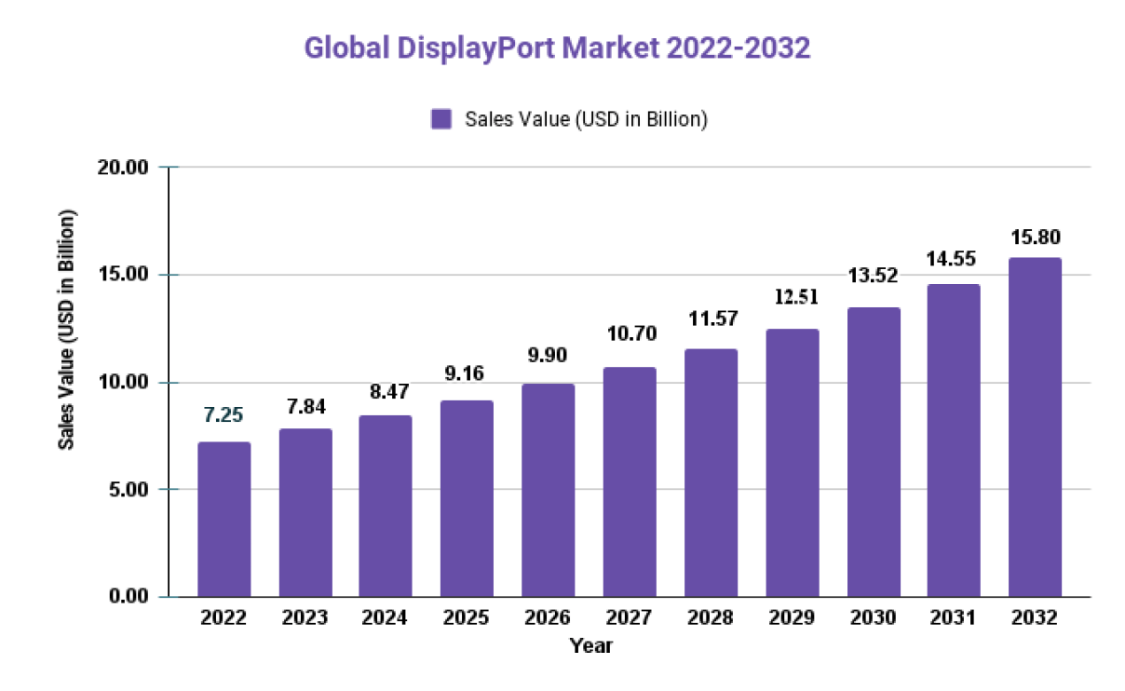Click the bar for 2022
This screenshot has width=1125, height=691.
click(224, 519)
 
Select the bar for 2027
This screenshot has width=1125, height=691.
click(630, 481)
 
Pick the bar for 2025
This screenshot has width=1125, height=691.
click(467, 498)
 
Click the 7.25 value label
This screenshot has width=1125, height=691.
click(224, 413)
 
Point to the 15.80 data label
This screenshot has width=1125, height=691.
click(1035, 237)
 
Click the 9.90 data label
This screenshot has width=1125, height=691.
click(548, 355)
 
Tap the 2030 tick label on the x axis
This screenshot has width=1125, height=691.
click(873, 618)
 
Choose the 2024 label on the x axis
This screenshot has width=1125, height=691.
click(386, 618)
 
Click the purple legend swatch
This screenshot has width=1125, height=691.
click(441, 119)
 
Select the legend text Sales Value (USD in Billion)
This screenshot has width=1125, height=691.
click(587, 119)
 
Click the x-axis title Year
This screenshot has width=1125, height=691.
click(591, 644)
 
